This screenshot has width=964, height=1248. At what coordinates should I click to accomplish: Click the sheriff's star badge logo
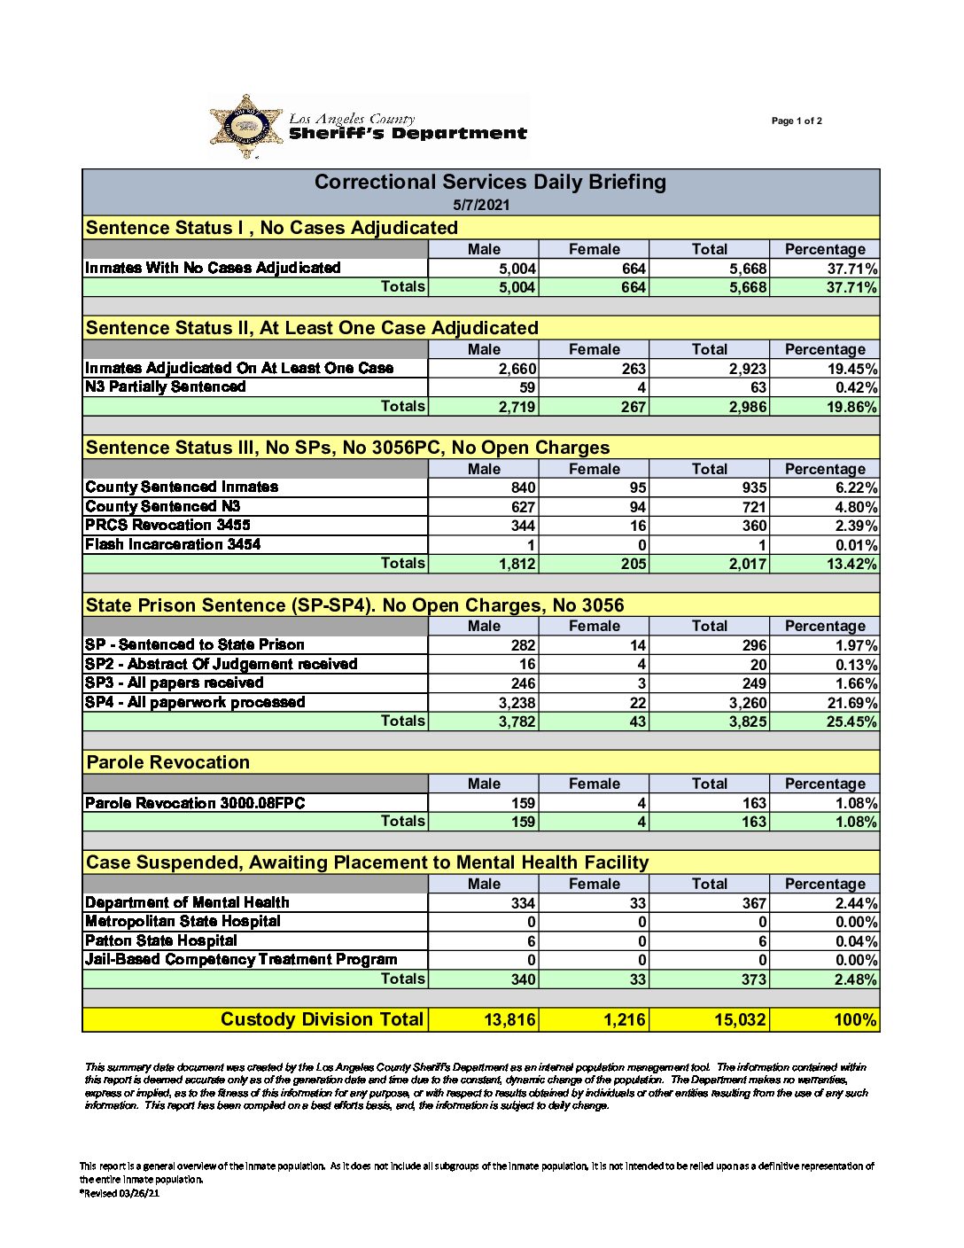pyautogui.click(x=246, y=127)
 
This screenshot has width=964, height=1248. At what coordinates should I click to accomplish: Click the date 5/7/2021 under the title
pyautogui.click(x=481, y=205)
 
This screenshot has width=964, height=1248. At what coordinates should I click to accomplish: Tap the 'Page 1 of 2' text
pyautogui.click(x=797, y=121)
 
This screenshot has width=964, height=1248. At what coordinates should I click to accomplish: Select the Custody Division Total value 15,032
pyautogui.click(x=740, y=1020)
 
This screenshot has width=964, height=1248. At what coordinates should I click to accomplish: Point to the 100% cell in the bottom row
pyautogui.click(x=855, y=1020)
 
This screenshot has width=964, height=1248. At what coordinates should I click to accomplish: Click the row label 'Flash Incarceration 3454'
pyautogui.click(x=173, y=544)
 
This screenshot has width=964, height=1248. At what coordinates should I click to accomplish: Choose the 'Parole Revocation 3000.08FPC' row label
pyautogui.click(x=195, y=803)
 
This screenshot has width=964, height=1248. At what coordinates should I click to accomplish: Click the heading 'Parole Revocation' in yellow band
pyautogui.click(x=168, y=762)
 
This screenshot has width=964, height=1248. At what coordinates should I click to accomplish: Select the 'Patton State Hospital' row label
pyautogui.click(x=161, y=940)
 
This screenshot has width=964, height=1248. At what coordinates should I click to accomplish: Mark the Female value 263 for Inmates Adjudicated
pyautogui.click(x=634, y=369)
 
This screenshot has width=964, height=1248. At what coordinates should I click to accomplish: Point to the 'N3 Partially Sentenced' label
pyautogui.click(x=166, y=386)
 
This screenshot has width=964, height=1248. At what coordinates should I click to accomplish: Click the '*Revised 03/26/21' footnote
pyautogui.click(x=120, y=1193)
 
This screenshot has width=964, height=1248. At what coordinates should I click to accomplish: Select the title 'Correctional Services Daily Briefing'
pyautogui.click(x=490, y=183)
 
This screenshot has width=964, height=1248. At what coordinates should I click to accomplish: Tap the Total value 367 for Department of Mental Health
pyautogui.click(x=754, y=903)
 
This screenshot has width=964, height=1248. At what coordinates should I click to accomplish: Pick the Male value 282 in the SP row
pyautogui.click(x=523, y=645)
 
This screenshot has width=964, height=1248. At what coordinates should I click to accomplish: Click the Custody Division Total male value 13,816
pyautogui.click(x=509, y=1020)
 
